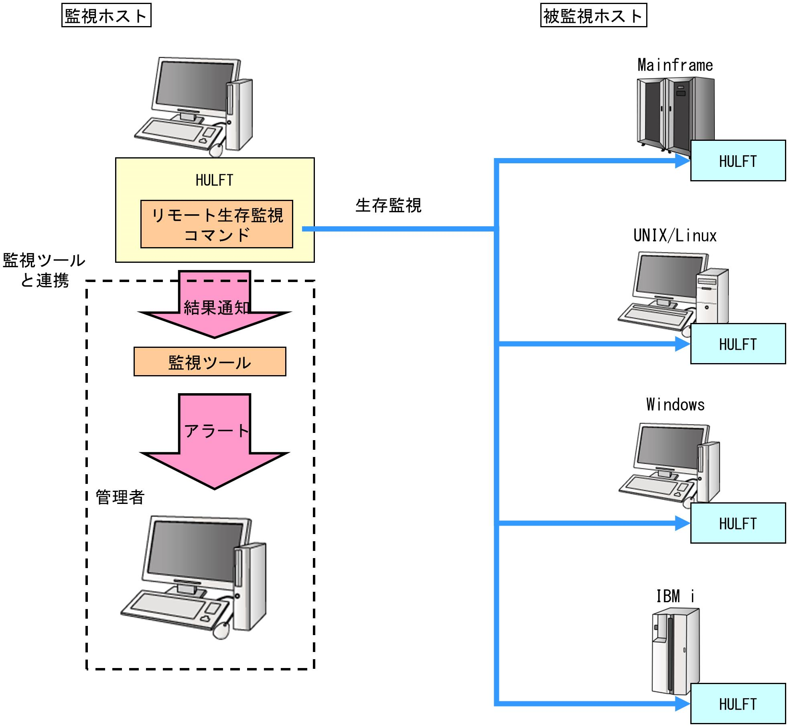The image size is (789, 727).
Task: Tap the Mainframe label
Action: click(675, 65)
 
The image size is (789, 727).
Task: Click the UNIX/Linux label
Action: click(675, 236)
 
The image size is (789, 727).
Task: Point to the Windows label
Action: click(675, 405)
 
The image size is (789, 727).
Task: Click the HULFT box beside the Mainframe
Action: click(738, 161)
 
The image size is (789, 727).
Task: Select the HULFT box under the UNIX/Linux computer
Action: click(738, 344)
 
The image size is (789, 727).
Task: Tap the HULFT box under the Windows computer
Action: click(738, 523)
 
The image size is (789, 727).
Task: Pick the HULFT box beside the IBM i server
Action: click(738, 704)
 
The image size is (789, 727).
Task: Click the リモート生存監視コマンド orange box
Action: click(217, 224)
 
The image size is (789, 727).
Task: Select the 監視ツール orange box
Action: click(210, 362)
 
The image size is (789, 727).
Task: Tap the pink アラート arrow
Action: click(215, 441)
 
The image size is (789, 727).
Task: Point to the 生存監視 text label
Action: click(388, 206)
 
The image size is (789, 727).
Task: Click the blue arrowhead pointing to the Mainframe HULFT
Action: click(682, 161)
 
